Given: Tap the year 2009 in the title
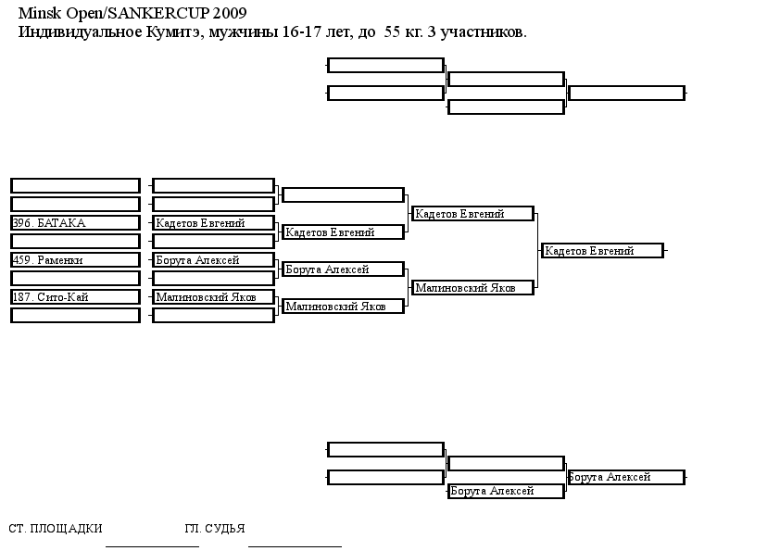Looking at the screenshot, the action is coord(230,13).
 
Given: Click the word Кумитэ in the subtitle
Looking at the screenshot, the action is coord(174,32).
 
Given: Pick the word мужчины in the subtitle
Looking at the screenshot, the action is coord(244,33).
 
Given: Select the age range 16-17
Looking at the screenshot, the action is coord(301,32).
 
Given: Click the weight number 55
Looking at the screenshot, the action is coord(392,32).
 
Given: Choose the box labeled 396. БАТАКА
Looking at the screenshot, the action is coord(75,223).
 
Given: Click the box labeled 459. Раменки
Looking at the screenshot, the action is coord(75,260).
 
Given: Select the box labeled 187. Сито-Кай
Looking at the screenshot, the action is coord(75,297).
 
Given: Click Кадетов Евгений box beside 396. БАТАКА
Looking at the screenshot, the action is coord(213,223).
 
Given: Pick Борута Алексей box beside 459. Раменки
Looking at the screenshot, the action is coord(213,260).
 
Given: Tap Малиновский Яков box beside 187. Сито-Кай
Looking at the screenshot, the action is coord(213,297).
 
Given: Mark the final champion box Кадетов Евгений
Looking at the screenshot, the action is coord(602,251).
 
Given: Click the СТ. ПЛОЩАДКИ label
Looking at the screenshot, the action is coord(56,528).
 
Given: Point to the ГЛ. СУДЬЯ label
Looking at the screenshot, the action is coord(215,528).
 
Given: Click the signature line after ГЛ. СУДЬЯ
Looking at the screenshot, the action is coord(295,546).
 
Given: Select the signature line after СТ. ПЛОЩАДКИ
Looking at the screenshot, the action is coord(152,546).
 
